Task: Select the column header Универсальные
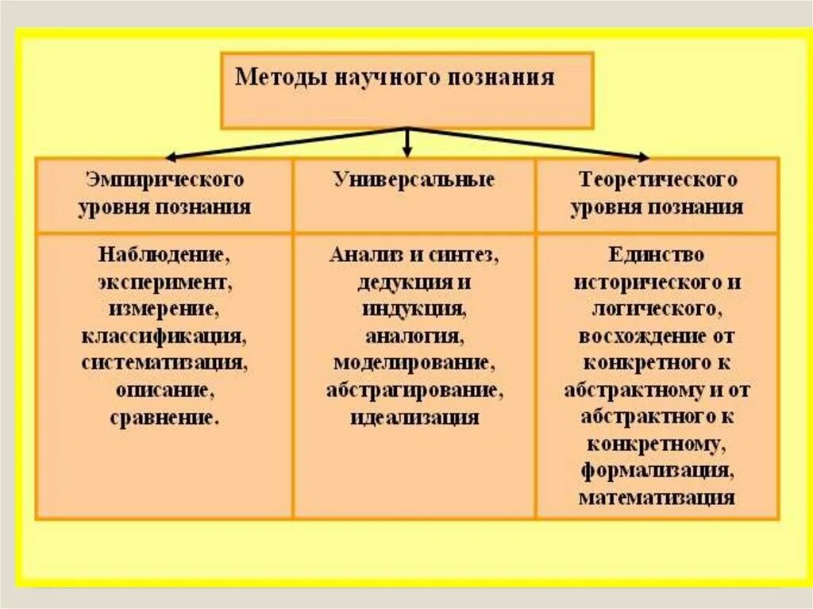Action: (x=414, y=180)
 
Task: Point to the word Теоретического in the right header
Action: (x=657, y=180)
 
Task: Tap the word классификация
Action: (x=164, y=337)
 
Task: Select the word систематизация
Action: (x=164, y=364)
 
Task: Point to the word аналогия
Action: (x=414, y=337)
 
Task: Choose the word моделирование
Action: (x=414, y=364)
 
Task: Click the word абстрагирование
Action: (x=414, y=391)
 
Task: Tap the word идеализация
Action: (x=414, y=418)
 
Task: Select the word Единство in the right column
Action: (x=657, y=256)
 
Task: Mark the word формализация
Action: (x=657, y=472)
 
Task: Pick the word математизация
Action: (x=657, y=499)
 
